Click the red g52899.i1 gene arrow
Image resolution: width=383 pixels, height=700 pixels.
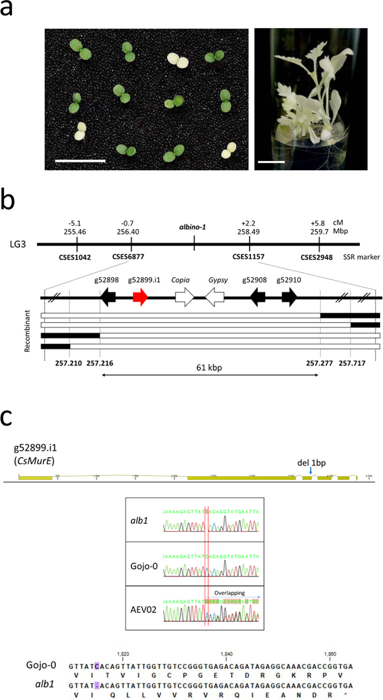click(140, 298)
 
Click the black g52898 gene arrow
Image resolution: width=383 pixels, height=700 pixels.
click(108, 298)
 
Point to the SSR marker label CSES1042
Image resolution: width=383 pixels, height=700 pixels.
click(75, 257)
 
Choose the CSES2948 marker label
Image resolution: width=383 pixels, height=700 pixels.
click(316, 257)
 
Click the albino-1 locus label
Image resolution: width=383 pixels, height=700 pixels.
click(192, 227)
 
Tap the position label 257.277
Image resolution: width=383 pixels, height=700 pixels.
click(319, 363)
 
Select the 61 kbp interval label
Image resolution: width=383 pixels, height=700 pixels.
click(209, 367)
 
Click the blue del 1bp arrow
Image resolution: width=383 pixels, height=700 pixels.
click(311, 471)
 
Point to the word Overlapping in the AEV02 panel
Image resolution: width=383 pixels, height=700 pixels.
click(229, 593)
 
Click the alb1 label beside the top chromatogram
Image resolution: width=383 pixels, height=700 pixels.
click(139, 520)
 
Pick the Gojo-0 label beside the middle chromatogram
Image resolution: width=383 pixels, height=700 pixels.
click(144, 566)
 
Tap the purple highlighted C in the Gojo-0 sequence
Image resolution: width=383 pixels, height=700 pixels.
click(97, 666)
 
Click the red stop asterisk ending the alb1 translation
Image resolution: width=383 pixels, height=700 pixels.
click(345, 695)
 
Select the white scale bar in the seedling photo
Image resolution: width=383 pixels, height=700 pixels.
click(80, 161)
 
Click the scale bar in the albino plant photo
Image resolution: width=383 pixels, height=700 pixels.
click(271, 162)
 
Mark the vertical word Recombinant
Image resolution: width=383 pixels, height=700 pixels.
click(27, 331)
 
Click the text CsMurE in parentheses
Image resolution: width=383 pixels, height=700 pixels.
click(34, 460)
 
